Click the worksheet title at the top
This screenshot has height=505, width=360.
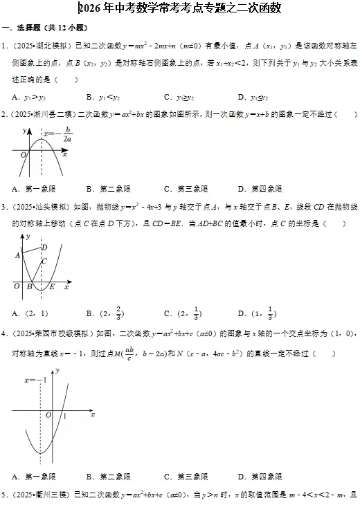[180, 9]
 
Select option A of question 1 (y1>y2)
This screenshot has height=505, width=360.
[30, 96]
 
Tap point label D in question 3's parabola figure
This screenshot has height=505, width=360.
[44, 247]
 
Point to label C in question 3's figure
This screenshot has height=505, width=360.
[44, 261]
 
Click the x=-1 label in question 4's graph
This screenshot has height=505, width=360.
[35, 380]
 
